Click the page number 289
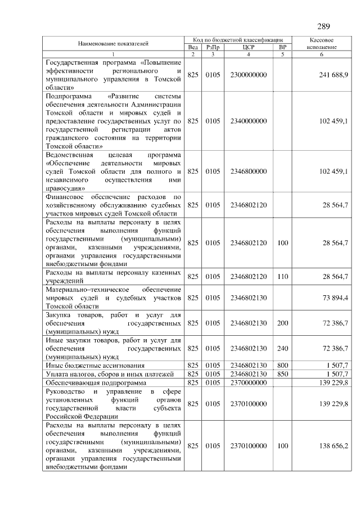323,26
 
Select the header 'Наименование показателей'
113,43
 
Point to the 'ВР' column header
283,47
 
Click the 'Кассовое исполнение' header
322,43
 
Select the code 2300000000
248,75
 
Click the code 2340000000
248,121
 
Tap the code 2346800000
248,171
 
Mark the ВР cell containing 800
283,366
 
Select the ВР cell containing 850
283,374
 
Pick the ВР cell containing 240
283,348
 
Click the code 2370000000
248,382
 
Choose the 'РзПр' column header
213,47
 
